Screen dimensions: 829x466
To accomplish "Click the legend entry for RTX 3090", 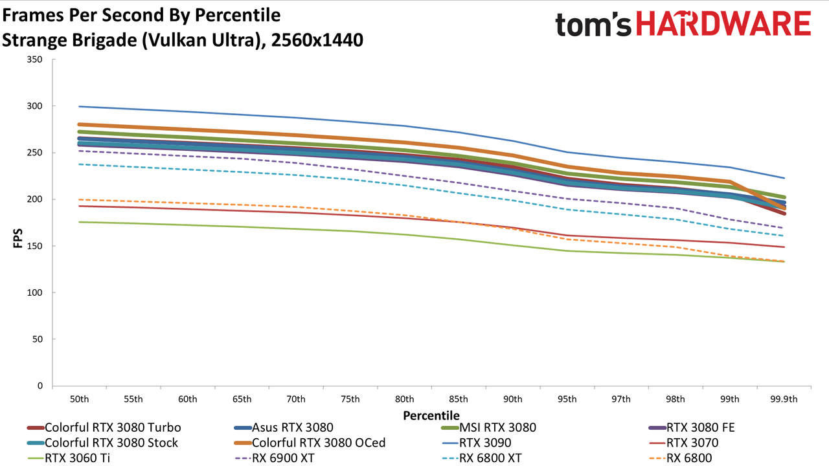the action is [477, 443].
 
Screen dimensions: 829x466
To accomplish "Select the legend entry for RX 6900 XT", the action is [275, 458].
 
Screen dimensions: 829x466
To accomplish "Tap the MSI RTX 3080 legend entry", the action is [489, 428].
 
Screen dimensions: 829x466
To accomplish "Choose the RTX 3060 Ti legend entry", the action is [69, 458].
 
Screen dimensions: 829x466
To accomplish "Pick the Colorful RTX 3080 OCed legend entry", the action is [310, 443].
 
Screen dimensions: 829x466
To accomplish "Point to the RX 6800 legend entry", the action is [681, 458].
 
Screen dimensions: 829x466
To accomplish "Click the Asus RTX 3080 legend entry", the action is [284, 428].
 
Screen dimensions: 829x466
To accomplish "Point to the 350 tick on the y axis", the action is [35, 60].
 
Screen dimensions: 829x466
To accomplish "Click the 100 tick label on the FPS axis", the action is [35, 293].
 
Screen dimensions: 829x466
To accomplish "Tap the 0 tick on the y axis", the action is [40, 386].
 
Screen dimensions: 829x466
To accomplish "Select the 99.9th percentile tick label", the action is [784, 399].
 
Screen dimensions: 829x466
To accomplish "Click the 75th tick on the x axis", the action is [350, 399].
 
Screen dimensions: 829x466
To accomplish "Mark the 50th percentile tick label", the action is [79, 399].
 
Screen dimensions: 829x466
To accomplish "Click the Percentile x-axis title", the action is [431, 416].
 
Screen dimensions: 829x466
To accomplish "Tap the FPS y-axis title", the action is [17, 238].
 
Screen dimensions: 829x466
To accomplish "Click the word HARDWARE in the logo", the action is [723, 24].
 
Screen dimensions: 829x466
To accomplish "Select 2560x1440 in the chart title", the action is [317, 40].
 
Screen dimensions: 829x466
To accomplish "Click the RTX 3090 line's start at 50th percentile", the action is [79, 107].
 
